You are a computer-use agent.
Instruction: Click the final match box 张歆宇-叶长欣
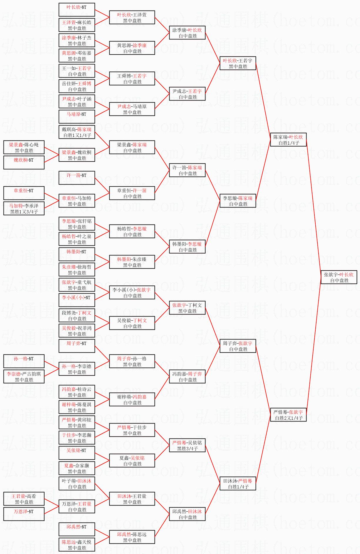click(x=339, y=277)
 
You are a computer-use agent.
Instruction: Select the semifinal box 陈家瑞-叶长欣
click(x=288, y=140)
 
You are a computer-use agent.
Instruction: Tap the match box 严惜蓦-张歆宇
click(x=288, y=415)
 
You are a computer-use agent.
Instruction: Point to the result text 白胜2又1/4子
click(x=289, y=418)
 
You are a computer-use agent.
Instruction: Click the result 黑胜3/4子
click(x=187, y=448)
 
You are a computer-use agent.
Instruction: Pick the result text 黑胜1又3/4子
click(x=24, y=212)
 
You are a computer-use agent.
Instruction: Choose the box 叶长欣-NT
click(x=77, y=10)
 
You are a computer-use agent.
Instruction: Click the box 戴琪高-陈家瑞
click(x=77, y=132)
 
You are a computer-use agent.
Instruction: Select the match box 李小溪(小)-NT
click(x=77, y=300)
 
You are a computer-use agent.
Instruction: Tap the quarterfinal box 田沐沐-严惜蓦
click(x=238, y=483)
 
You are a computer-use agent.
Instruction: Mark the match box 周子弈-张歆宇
click(x=238, y=346)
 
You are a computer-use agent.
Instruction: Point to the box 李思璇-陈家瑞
click(x=238, y=201)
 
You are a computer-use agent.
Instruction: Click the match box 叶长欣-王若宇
click(x=238, y=63)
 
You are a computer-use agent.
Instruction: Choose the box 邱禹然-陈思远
click(x=132, y=537)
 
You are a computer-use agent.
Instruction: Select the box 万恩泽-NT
click(x=24, y=514)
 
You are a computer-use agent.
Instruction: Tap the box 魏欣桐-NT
click(x=24, y=163)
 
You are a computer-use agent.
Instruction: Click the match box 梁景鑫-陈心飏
click(x=24, y=147)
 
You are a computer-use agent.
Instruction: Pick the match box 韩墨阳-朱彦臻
click(x=132, y=262)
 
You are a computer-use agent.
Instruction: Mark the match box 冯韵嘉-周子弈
click(x=187, y=376)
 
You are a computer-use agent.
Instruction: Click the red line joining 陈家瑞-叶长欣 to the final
click(x=314, y=208)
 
